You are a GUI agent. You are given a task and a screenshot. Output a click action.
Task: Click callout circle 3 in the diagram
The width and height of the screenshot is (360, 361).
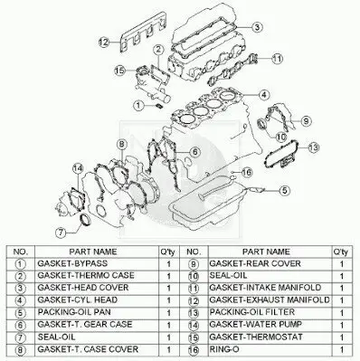point(256,27)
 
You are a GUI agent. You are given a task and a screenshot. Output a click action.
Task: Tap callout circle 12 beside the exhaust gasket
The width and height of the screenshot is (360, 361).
point(104,42)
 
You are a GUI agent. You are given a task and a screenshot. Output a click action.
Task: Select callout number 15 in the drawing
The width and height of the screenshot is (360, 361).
point(119,71)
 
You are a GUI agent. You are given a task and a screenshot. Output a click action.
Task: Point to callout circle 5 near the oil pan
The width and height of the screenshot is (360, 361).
point(285,190)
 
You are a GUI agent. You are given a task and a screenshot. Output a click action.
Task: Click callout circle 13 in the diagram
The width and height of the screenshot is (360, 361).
point(314,147)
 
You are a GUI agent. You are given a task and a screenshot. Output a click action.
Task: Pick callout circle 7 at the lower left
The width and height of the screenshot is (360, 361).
point(61,233)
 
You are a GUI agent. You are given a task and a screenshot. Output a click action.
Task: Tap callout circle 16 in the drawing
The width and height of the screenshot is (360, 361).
point(247,173)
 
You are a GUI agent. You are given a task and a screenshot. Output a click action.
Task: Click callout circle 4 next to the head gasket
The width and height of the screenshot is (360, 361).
point(264,95)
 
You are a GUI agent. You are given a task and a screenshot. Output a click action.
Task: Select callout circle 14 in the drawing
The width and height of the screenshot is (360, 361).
point(78,169)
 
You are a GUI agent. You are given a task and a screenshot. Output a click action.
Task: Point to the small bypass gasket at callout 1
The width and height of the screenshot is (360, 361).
point(159,106)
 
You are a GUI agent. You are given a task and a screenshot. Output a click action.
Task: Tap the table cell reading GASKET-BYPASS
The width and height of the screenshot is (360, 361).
point(72,263)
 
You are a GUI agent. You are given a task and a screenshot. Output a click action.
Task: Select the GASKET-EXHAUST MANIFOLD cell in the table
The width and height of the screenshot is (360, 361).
point(270,300)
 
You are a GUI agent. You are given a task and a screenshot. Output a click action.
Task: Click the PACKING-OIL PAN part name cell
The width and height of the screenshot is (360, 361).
point(74,312)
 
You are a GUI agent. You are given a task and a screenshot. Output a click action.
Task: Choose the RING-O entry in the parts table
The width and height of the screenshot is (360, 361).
point(224,349)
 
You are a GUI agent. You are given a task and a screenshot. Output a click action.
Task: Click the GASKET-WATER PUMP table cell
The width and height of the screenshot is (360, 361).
point(255,325)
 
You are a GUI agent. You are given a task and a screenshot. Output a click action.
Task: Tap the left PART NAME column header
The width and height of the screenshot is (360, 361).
point(93,252)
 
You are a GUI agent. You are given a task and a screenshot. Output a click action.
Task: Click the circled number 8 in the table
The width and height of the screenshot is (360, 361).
point(20,350)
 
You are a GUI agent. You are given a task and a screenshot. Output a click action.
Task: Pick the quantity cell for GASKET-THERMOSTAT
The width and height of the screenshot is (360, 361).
point(342,337)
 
